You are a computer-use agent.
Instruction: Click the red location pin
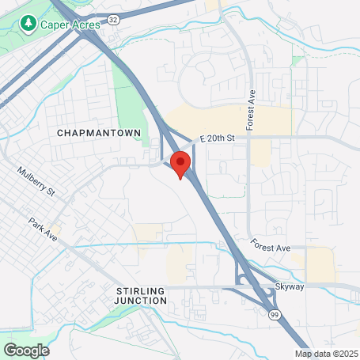[x=180, y=165]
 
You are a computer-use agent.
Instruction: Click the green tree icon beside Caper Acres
[x=29, y=25]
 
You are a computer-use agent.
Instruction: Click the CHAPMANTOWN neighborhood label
[x=99, y=134]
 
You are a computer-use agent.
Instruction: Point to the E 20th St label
[x=218, y=138]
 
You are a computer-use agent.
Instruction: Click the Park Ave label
[x=44, y=229]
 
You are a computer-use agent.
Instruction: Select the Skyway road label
[x=290, y=287]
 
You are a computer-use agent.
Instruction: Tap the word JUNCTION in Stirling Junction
[x=142, y=301]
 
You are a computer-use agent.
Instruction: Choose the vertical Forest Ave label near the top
[x=252, y=112]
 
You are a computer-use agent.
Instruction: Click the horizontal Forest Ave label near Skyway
[x=271, y=248]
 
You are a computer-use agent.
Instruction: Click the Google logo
[x=26, y=350]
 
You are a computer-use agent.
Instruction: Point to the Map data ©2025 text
[x=327, y=354]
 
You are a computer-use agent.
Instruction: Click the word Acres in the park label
[x=87, y=25]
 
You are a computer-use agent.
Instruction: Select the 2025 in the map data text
[x=347, y=354]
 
